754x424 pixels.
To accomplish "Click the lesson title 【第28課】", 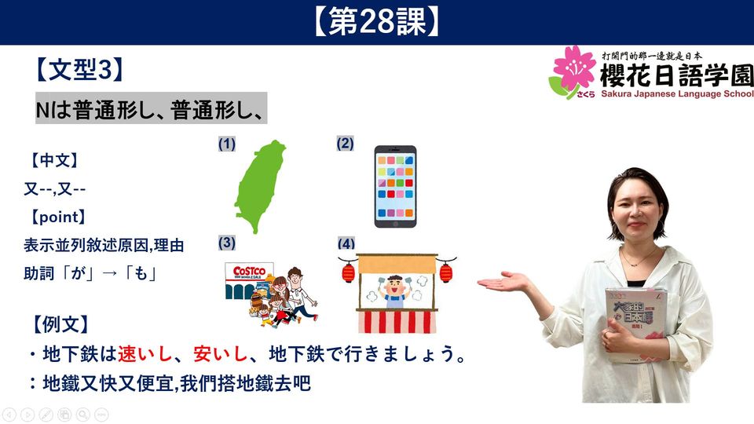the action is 377,22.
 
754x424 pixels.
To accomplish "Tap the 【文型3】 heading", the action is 79,70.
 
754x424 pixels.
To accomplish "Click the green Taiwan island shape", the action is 260,187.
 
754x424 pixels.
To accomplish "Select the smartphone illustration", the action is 395,187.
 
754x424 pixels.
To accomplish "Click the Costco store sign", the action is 249,272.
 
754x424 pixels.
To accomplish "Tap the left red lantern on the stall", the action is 348,272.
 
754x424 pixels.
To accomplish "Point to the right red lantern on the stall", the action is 446,272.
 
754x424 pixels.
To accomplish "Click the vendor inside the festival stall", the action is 395,291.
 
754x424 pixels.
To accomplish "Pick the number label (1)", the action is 226,144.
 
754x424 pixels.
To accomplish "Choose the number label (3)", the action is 226,243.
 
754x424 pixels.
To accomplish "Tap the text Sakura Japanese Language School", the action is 677,93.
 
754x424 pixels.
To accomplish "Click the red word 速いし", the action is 145,354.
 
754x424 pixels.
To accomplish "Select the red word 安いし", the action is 221,354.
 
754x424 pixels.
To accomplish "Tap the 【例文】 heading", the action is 61,324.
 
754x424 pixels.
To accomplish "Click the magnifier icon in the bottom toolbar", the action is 82,415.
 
